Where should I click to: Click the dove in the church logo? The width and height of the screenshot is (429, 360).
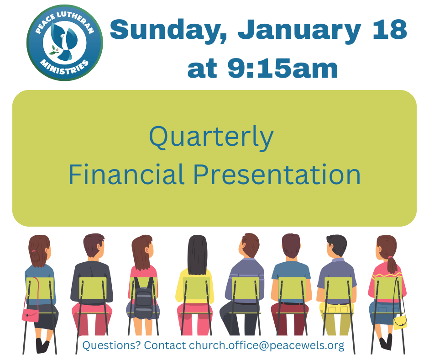click(66, 41)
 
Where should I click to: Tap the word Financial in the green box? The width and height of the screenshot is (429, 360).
click(126, 175)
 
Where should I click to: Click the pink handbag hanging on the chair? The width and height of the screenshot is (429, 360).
click(31, 315)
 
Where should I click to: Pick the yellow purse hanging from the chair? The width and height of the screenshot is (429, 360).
click(400, 322)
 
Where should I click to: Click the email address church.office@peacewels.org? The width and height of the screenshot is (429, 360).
click(267, 346)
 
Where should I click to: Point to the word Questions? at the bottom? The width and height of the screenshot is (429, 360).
click(112, 345)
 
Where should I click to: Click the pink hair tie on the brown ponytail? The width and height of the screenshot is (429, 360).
click(390, 257)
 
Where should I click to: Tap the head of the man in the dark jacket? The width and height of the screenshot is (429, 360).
click(94, 245)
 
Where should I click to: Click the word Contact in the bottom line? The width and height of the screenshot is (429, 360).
click(165, 345)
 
